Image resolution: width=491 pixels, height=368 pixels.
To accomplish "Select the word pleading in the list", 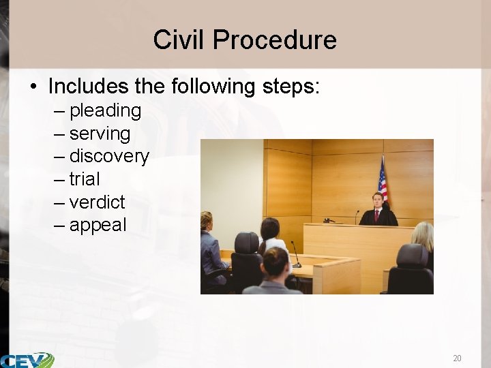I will tap(105, 110).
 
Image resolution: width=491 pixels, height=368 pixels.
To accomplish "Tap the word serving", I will tap(100, 134).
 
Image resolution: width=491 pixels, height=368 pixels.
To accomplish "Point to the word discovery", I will tap(109, 156).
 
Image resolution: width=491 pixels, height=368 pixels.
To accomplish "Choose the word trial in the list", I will tap(85, 179).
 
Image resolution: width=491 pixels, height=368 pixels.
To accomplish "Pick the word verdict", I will tap(98, 202).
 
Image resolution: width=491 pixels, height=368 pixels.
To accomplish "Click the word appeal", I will tap(98, 226).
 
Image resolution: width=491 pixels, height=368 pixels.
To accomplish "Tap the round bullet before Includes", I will tap(33, 87).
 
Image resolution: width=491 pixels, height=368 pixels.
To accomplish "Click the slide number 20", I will tap(457, 358).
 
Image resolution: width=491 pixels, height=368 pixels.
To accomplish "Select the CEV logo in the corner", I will tap(27, 360).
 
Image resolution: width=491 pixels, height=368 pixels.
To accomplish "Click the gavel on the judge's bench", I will tap(331, 220).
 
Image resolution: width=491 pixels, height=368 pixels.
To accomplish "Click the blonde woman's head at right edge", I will tap(422, 234).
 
